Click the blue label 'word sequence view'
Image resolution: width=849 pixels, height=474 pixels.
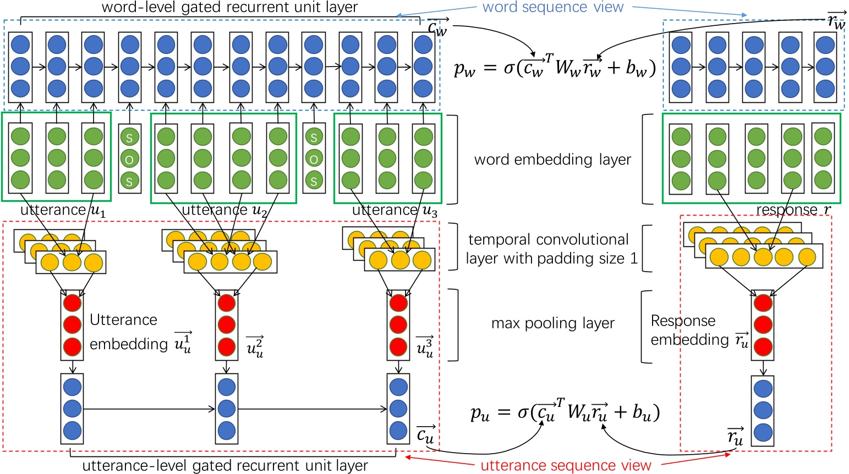pos(552,8)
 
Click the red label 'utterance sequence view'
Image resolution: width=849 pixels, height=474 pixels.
pos(566,465)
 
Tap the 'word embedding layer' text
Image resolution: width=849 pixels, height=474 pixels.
pos(552,159)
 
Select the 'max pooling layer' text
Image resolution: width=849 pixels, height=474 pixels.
pos(552,323)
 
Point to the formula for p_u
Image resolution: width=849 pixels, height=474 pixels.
pos(565,412)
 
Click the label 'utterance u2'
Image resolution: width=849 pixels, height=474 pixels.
pos(224,210)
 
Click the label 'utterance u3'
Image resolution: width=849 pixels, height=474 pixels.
pos(394,210)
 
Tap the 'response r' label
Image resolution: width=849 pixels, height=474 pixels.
pos(793,210)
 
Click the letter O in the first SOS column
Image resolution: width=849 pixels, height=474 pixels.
pos(129,159)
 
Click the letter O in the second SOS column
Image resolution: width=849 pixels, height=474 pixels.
pos(314,159)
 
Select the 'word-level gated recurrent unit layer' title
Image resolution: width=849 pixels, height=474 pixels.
pos(229,8)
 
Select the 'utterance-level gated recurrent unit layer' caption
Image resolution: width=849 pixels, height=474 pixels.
pos(225,466)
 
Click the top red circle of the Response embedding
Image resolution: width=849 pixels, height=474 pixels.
pos(763,303)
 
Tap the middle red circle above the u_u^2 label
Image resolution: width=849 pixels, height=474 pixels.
pos(227,325)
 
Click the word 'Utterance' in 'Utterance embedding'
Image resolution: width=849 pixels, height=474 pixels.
pos(123,320)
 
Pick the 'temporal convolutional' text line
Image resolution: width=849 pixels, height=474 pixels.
pos(548,240)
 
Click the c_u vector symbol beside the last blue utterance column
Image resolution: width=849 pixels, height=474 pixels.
pos(425,434)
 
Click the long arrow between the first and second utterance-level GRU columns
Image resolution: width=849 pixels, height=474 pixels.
pos(149,409)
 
